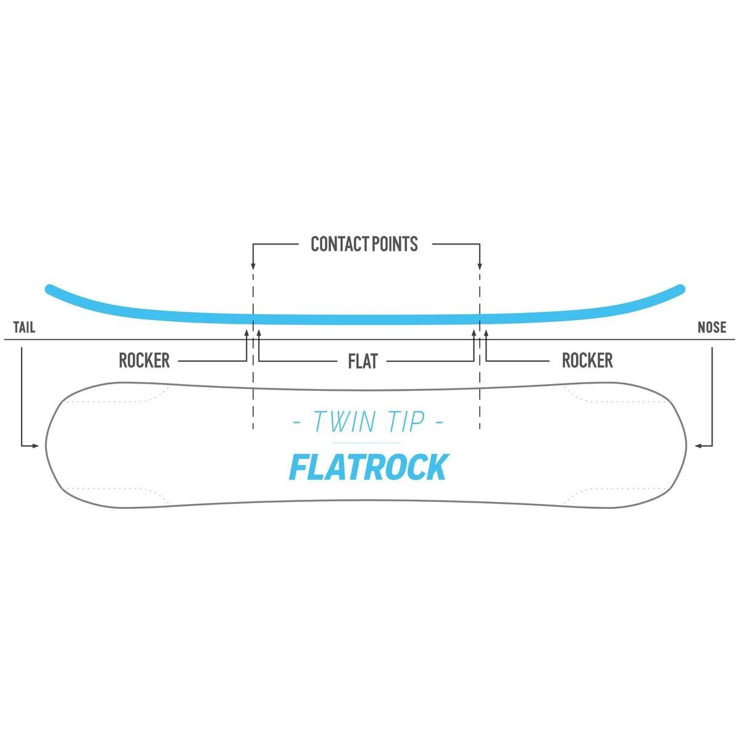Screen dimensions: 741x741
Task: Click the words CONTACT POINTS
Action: pyautogui.click(x=364, y=245)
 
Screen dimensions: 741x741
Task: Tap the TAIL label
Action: pyautogui.click(x=24, y=327)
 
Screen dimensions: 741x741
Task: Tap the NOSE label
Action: pyautogui.click(x=711, y=327)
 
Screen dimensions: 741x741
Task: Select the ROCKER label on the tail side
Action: pyautogui.click(x=144, y=361)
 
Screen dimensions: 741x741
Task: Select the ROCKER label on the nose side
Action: pyautogui.click(x=587, y=361)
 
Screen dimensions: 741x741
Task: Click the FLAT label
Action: pyautogui.click(x=362, y=361)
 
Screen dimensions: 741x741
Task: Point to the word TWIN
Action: pyautogui.click(x=343, y=422)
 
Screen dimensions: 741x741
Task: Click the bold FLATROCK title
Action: pyautogui.click(x=367, y=467)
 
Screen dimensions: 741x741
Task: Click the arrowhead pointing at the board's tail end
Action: pyautogui.click(x=36, y=445)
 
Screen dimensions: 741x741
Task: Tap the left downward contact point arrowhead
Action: pyautogui.click(x=253, y=266)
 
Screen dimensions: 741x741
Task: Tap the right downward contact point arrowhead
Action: pyautogui.click(x=480, y=266)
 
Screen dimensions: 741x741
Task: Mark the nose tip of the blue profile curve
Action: pyautogui.click(x=680, y=288)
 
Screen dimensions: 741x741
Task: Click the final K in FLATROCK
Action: pyautogui.click(x=436, y=467)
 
